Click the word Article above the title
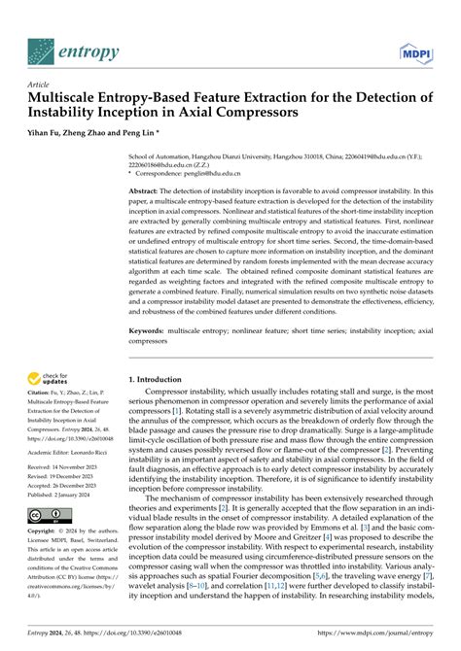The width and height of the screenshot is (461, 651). coord(42,86)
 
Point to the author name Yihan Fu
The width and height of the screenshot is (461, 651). coord(48,133)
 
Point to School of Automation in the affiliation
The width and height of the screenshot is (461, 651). coord(160,154)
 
